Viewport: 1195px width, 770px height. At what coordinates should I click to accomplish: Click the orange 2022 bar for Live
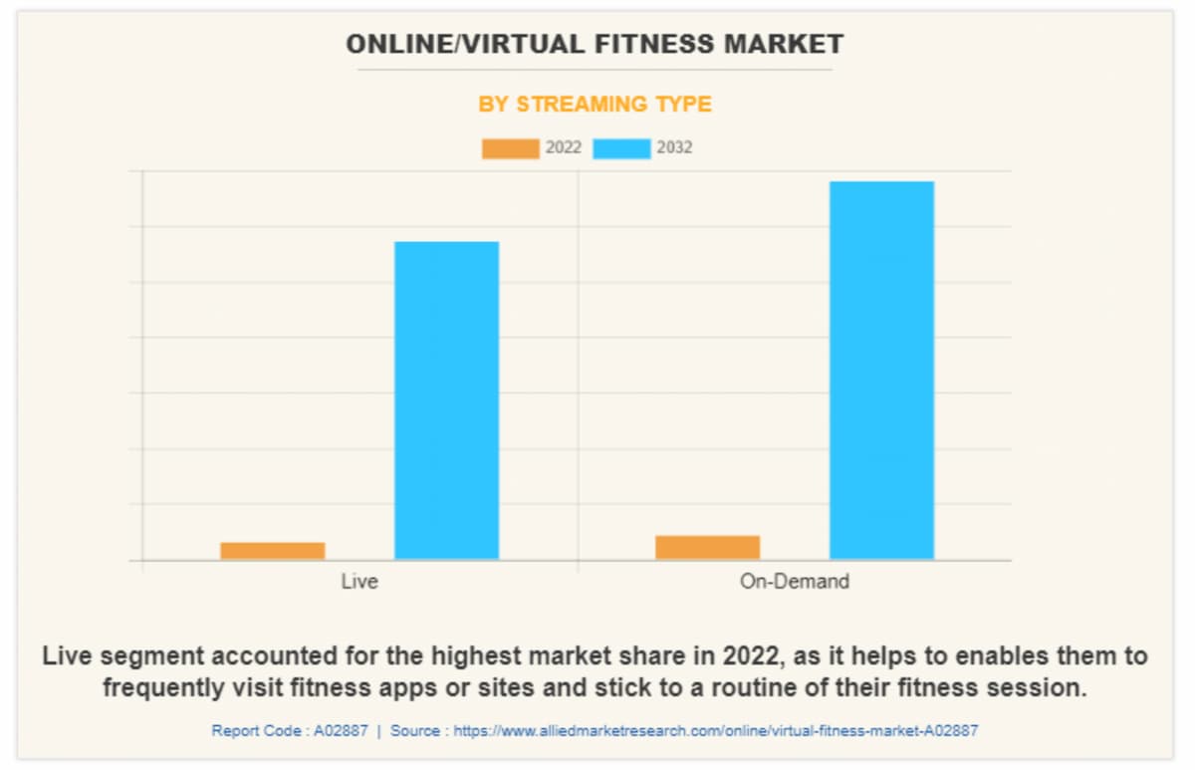(x=272, y=550)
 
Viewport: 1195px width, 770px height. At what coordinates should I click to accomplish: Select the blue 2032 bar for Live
(x=446, y=400)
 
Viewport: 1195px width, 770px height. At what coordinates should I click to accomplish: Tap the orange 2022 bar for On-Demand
(x=707, y=547)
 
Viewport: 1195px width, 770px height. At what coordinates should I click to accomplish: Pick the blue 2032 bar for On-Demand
(x=881, y=371)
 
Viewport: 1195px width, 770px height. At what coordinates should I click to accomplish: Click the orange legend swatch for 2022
(x=510, y=148)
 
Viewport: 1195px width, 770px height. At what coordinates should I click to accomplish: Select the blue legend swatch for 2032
(x=621, y=148)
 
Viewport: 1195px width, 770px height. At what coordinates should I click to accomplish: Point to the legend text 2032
(x=674, y=147)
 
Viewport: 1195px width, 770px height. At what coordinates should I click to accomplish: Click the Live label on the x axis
(x=358, y=581)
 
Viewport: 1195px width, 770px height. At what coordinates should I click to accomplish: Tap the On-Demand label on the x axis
(x=794, y=581)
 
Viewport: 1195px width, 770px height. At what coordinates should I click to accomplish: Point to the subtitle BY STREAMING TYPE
(x=595, y=105)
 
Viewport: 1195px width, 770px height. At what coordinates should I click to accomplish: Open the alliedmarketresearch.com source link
(x=715, y=730)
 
